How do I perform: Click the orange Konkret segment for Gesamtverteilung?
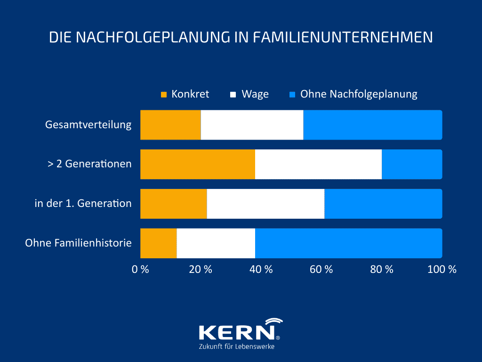point(170,125)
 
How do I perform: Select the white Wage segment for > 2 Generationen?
point(318,165)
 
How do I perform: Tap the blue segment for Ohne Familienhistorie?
point(348,243)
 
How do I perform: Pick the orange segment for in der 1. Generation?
point(174,204)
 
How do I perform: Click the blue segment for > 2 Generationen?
point(412,165)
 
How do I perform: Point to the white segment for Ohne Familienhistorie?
point(216,243)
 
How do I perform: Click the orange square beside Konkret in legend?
point(164,94)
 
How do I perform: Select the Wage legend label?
point(255,94)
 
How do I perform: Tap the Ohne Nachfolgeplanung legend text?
point(359,94)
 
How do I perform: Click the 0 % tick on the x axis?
point(140,270)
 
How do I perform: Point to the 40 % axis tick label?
point(261,270)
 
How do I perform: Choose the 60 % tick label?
point(321,270)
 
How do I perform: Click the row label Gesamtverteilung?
point(88,125)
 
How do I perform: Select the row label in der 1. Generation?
point(83,204)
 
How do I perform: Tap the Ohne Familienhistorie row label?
point(78,243)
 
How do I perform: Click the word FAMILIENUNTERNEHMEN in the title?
point(343,37)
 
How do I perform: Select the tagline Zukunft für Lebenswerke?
point(237,346)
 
